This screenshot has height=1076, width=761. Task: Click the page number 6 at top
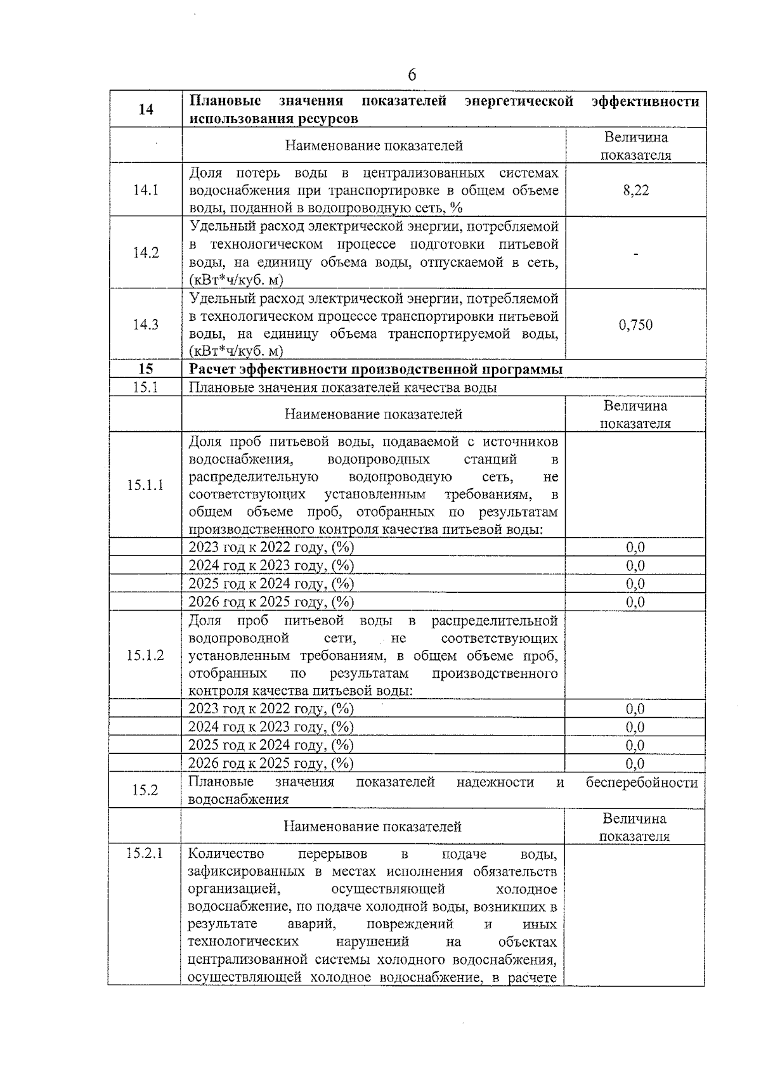[x=412, y=75]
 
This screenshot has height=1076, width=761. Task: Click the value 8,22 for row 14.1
[x=635, y=190]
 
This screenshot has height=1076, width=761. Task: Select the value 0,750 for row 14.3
[x=635, y=325]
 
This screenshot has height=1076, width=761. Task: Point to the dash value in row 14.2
[x=635, y=254]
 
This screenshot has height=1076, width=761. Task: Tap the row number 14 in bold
[x=146, y=109]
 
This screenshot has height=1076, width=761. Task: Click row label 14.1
[x=146, y=190]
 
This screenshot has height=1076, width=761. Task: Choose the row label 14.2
[x=146, y=253]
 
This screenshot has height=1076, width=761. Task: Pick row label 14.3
[x=146, y=325]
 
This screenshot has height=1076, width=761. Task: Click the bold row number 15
[x=146, y=369]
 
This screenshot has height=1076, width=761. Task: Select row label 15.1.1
[x=145, y=485]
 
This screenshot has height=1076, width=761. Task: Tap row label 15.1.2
[x=145, y=655]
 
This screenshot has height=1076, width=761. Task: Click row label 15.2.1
[x=145, y=853]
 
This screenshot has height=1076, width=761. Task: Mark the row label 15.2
[x=145, y=790]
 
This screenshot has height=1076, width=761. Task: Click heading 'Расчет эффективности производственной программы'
[x=375, y=369]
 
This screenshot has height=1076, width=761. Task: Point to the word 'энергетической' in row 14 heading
[x=519, y=101]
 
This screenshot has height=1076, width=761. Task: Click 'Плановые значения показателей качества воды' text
[x=342, y=387]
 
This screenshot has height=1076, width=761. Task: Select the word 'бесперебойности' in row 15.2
[x=642, y=782]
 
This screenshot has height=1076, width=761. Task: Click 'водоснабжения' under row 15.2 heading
[x=238, y=800]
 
